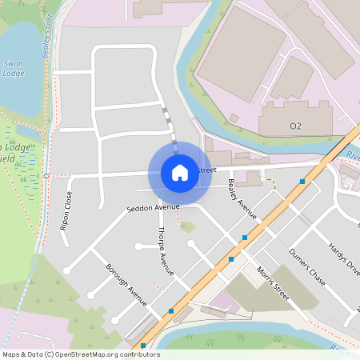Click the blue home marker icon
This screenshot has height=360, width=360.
(x=180, y=172)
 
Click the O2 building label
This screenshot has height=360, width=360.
(x=295, y=126)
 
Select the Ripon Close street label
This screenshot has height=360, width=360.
(x=66, y=210)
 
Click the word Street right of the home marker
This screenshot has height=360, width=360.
(x=206, y=170)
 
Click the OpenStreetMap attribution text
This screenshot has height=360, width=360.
(x=81, y=354)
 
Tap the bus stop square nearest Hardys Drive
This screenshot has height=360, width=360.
(x=302, y=182)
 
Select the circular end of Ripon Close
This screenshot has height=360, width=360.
(x=66, y=270)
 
